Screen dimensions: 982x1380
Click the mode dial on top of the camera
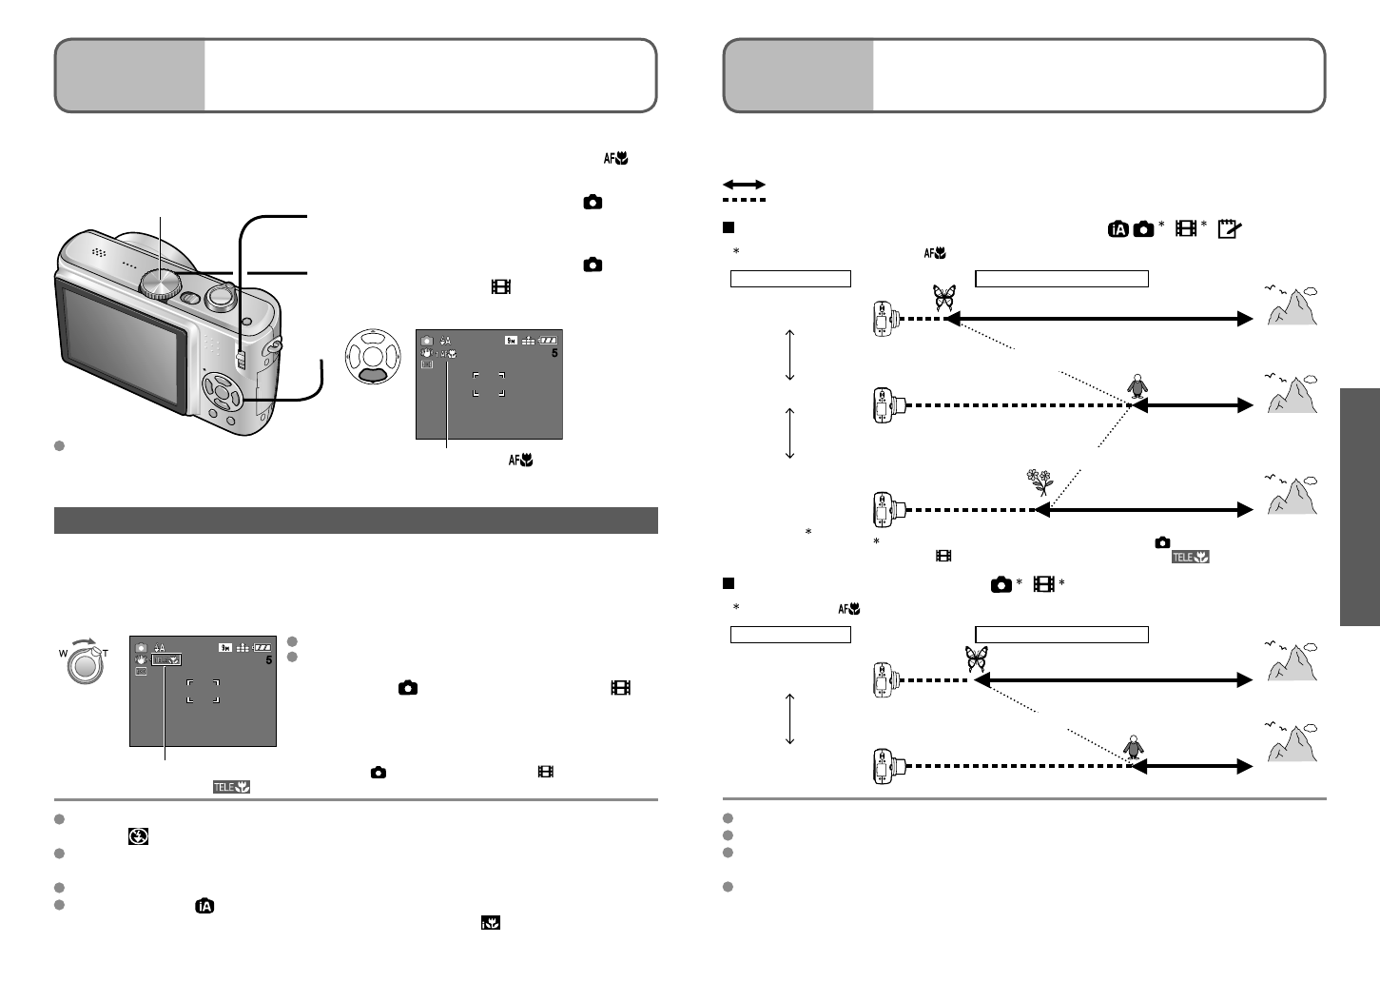tap(160, 282)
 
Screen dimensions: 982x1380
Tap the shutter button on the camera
tap(222, 294)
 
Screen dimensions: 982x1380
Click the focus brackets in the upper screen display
tap(488, 383)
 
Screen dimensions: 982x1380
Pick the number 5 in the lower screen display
tap(270, 659)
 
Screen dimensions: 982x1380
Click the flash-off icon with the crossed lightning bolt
tap(139, 836)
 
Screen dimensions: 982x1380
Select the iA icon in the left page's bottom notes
tap(204, 906)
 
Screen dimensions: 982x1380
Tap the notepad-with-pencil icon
tap(1228, 228)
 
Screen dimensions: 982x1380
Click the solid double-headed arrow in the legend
tap(745, 184)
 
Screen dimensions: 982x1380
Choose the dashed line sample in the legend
tap(745, 200)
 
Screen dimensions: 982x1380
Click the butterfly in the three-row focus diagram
tap(943, 299)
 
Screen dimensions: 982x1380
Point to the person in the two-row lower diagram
tap(1132, 748)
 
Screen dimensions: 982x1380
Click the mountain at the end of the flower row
tap(1293, 496)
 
